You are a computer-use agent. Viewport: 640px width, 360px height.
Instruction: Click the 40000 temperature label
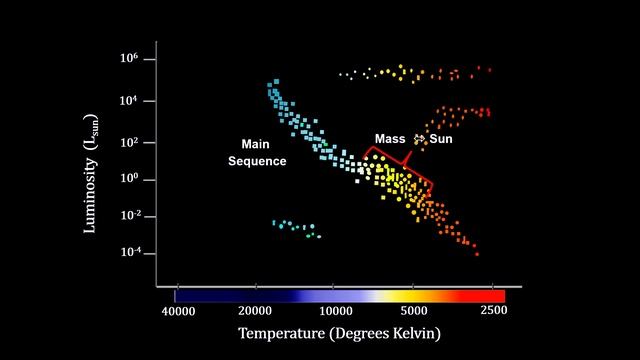click(177, 313)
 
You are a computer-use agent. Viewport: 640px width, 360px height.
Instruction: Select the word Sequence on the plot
click(257, 161)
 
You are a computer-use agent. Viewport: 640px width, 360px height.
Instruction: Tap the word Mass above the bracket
click(390, 138)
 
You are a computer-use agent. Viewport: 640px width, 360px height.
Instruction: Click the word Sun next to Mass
click(441, 138)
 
